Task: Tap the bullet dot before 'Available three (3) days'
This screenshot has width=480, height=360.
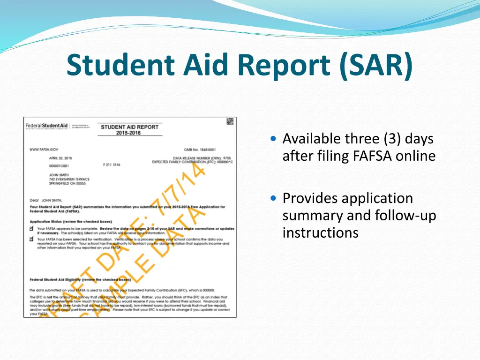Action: [274, 139]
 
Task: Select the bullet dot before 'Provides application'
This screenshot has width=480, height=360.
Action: [274, 198]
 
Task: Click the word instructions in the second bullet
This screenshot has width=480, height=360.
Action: [320, 232]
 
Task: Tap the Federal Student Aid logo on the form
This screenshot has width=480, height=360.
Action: [46, 126]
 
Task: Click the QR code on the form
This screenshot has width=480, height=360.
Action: [230, 122]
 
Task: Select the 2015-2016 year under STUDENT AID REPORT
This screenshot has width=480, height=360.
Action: [128, 133]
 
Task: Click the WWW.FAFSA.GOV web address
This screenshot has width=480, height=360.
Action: [44, 149]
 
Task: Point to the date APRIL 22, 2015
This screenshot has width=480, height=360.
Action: [60, 158]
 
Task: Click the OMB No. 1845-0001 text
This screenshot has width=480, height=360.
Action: [200, 149]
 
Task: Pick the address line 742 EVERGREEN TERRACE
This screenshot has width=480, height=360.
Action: [69, 179]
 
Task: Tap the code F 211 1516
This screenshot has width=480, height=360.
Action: [112, 165]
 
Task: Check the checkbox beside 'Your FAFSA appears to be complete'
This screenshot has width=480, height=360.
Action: [32, 229]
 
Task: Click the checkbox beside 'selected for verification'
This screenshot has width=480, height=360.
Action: [32, 239]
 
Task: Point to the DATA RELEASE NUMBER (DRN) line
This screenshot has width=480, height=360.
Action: [202, 158]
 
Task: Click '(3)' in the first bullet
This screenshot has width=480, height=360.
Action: [392, 139]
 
